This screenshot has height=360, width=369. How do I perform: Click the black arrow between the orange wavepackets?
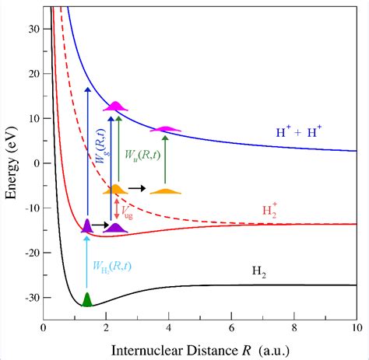pyautogui.click(x=137, y=188)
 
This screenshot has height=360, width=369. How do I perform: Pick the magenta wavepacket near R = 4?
pyautogui.click(x=165, y=129)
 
